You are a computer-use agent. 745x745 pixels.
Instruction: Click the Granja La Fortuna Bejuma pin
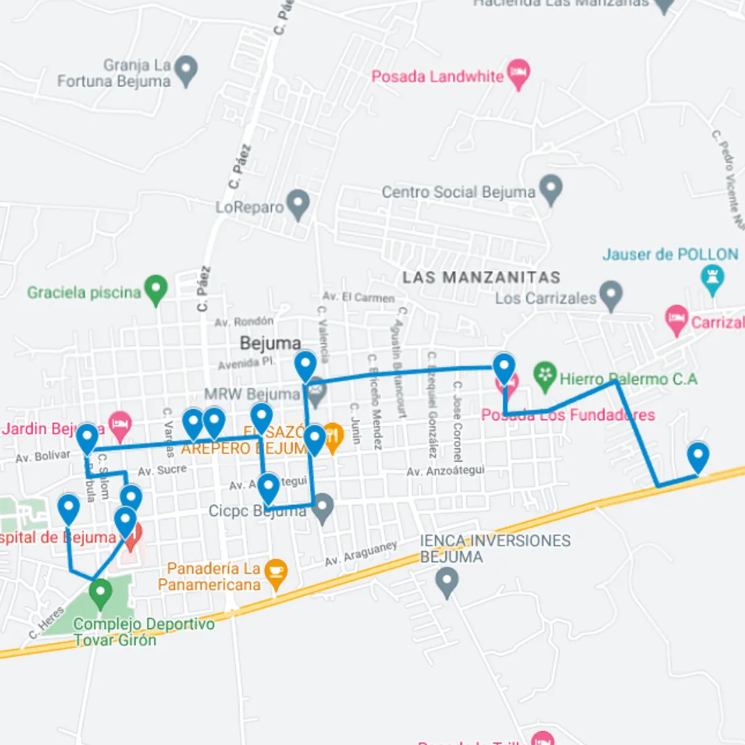click(x=186, y=70)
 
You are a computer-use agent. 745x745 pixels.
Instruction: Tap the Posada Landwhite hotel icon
click(x=518, y=72)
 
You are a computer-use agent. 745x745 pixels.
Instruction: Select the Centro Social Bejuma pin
click(x=550, y=188)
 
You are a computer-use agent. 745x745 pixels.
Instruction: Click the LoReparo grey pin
click(x=298, y=203)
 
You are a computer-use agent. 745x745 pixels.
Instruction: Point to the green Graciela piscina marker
click(x=156, y=289)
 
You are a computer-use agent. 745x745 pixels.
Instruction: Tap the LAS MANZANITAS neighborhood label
click(x=481, y=277)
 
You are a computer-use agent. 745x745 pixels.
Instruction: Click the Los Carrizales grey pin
click(x=610, y=295)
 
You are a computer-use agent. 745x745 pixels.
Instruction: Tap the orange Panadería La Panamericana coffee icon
click(x=276, y=573)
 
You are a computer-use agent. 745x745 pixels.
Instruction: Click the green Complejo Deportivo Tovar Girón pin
click(x=101, y=593)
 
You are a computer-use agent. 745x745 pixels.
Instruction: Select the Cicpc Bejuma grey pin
click(x=322, y=508)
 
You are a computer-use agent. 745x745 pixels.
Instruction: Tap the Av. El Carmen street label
click(x=359, y=297)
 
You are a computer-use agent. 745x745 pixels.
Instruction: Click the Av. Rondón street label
click(x=244, y=321)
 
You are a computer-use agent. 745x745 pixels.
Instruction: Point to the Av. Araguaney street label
click(x=361, y=554)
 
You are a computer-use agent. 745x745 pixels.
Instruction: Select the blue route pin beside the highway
click(x=698, y=457)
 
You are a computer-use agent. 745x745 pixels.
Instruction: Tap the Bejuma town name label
click(x=270, y=343)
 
